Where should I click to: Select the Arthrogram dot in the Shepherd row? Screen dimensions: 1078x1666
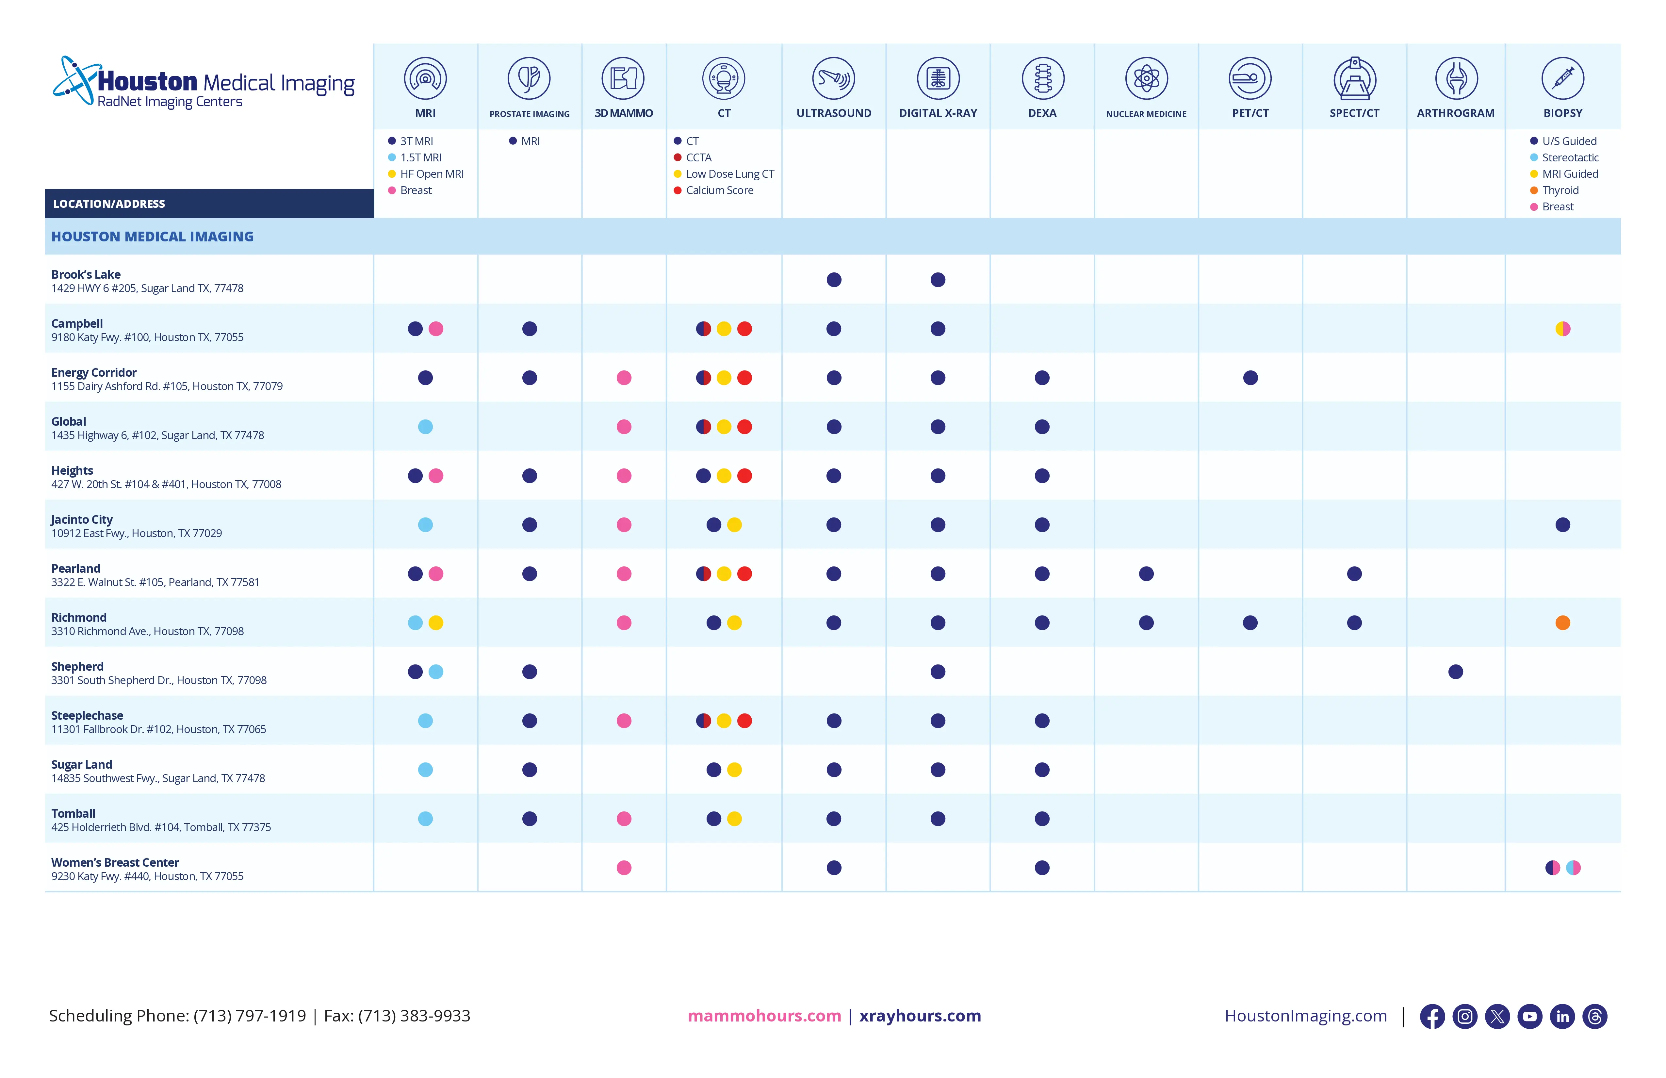(x=1455, y=672)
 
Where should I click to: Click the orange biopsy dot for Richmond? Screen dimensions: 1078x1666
(x=1562, y=623)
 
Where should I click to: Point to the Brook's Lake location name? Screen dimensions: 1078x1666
(x=85, y=274)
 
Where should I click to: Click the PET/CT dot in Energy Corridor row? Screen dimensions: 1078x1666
(x=1250, y=378)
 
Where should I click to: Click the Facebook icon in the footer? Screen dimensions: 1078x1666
(x=1432, y=1016)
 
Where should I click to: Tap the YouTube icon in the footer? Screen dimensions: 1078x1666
(x=1529, y=1016)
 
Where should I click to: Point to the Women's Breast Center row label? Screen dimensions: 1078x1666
(x=115, y=862)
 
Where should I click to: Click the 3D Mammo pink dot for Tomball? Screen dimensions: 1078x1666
(x=624, y=819)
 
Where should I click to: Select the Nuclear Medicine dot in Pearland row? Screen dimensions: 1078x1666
(x=1146, y=574)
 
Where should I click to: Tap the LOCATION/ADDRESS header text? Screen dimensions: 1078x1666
(x=109, y=204)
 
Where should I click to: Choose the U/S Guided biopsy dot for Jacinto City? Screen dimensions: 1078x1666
(x=1562, y=525)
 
